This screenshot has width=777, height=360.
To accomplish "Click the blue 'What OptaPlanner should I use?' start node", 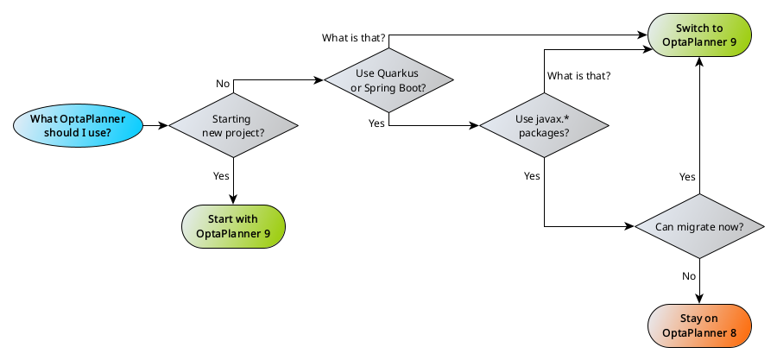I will (x=77, y=126).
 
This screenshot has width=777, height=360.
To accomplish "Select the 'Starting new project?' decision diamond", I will (x=233, y=126).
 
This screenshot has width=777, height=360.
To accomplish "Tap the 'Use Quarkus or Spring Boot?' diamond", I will (x=388, y=80).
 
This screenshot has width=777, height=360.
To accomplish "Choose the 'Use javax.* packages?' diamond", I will (x=544, y=126).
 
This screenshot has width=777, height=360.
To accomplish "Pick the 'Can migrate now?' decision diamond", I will (x=699, y=227).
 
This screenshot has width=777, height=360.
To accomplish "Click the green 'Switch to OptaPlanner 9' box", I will (x=699, y=35).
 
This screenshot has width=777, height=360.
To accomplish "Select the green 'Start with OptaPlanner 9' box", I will (x=233, y=227).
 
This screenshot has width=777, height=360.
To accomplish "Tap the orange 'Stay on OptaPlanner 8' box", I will (x=699, y=325).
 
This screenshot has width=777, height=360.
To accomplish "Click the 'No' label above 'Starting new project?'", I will (x=223, y=84).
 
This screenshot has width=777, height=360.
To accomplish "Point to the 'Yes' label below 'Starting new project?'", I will (x=221, y=175).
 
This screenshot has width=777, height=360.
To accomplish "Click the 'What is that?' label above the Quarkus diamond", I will (x=354, y=38).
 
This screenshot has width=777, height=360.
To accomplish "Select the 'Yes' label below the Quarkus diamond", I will (x=376, y=123).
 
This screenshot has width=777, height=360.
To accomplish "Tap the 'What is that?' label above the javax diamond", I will (x=578, y=75).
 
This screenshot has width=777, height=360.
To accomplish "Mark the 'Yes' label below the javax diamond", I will (x=532, y=175).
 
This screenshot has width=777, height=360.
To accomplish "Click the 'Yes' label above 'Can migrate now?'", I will (x=687, y=176).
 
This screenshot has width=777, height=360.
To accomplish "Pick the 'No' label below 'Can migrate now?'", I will (x=689, y=276).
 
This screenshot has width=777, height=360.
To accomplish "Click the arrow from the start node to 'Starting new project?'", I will (x=155, y=126).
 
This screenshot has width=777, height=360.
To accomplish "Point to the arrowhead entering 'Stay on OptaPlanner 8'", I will (x=699, y=299).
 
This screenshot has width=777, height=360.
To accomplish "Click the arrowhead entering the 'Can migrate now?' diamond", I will (x=629, y=227).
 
